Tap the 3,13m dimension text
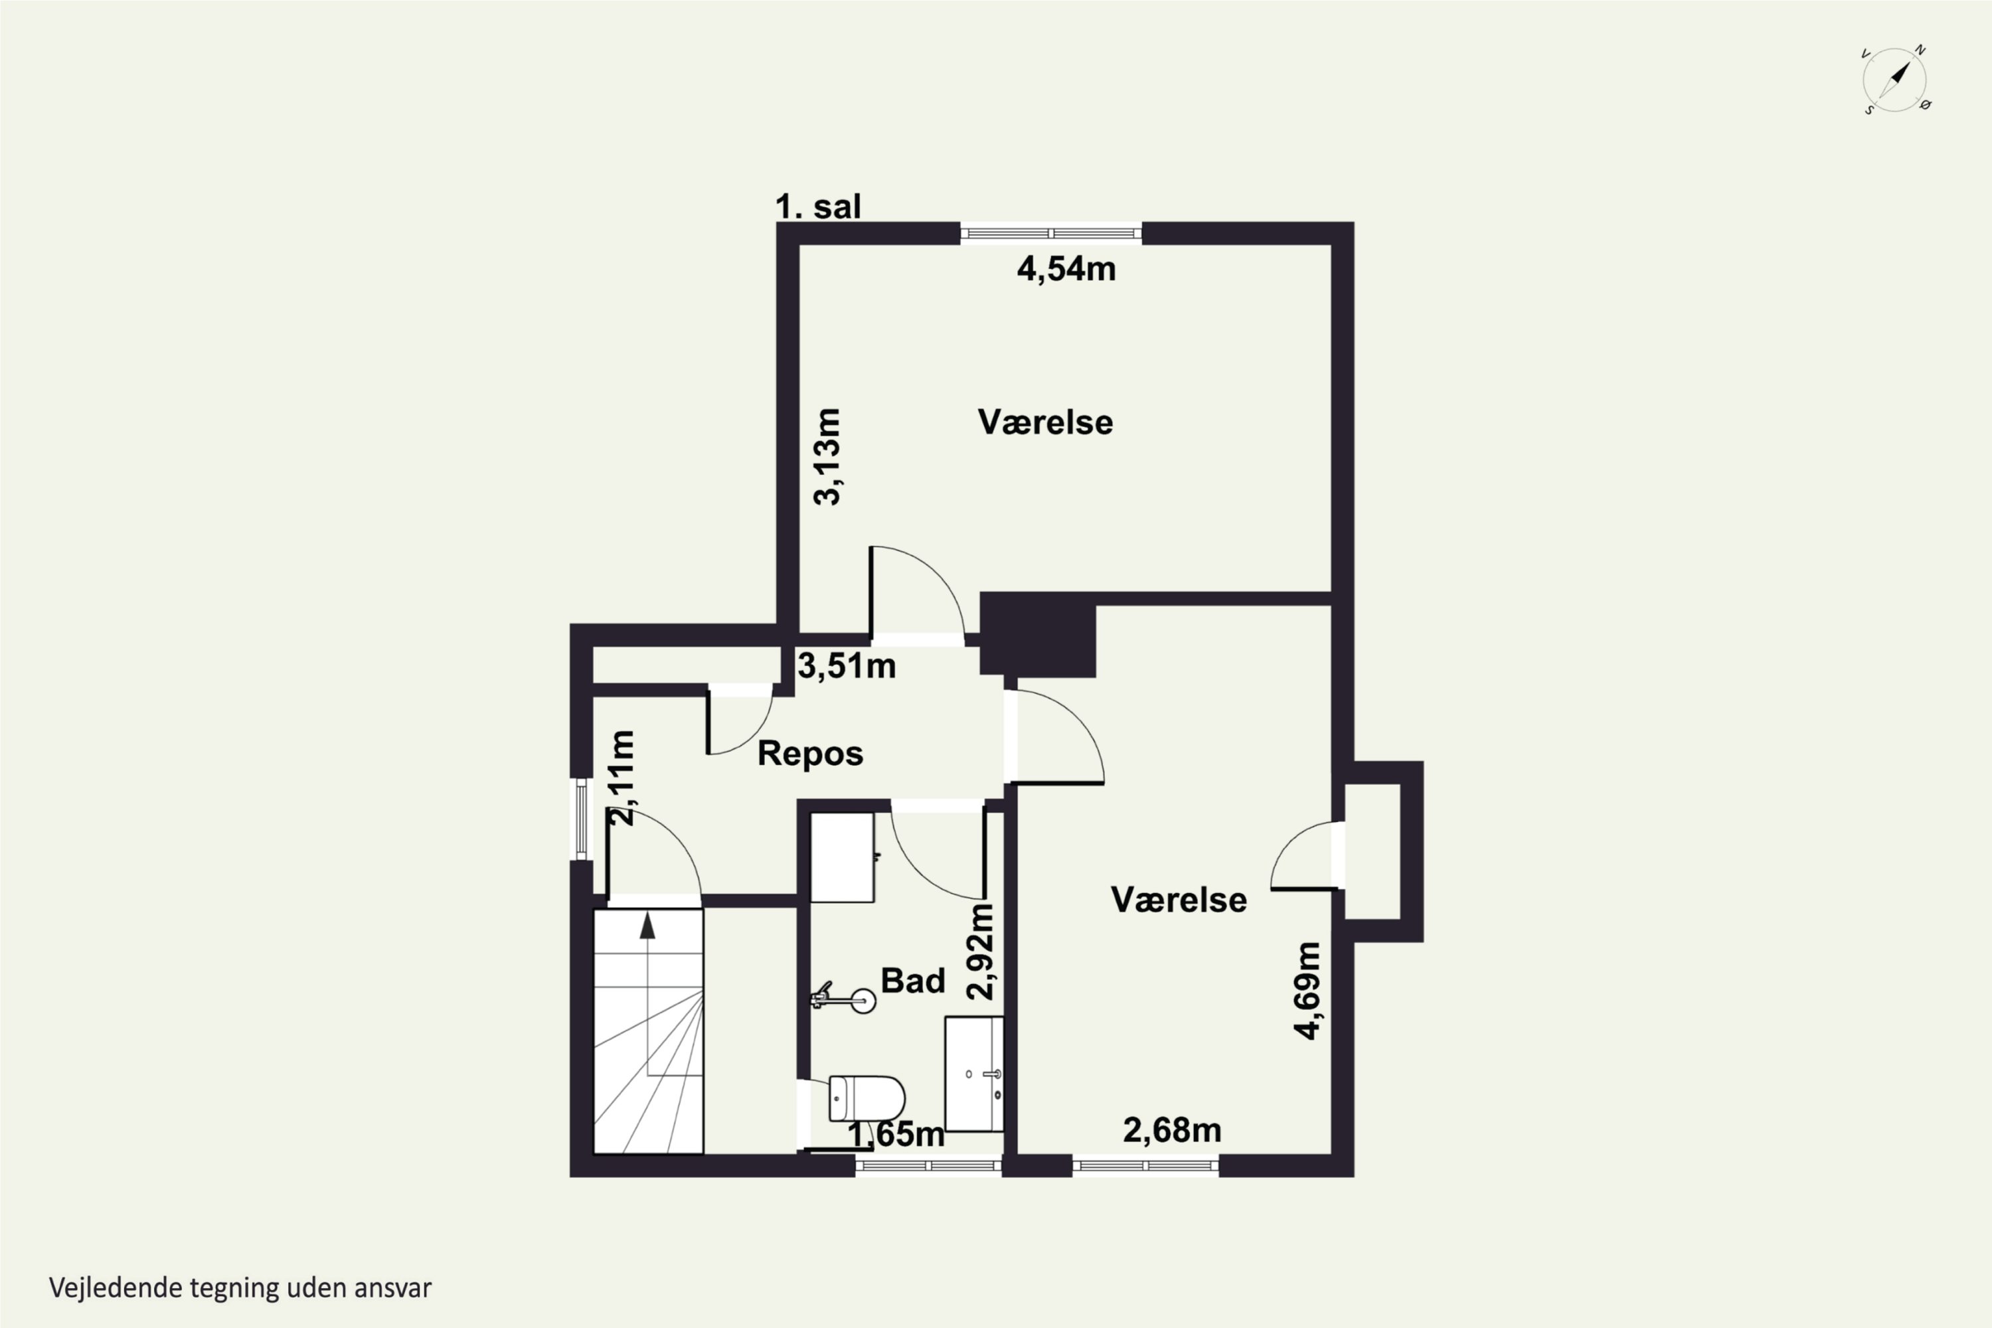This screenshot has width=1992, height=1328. click(x=827, y=457)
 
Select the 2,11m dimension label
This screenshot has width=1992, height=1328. click(x=622, y=778)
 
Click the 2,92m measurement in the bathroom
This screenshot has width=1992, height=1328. click(x=981, y=952)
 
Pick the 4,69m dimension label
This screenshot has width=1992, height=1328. click(x=1307, y=991)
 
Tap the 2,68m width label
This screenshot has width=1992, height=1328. click(x=1172, y=1130)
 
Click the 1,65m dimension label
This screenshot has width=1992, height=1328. click(x=896, y=1134)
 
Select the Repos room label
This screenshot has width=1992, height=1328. click(x=811, y=754)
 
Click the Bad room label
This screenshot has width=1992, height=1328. click(x=913, y=981)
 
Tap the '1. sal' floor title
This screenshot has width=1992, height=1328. click(x=818, y=207)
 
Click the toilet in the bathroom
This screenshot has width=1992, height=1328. click(x=866, y=1098)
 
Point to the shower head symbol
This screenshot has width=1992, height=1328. click(x=843, y=999)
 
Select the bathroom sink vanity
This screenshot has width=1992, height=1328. click(x=974, y=1074)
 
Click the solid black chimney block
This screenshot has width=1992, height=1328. click(x=1037, y=634)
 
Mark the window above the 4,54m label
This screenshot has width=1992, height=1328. click(x=1051, y=233)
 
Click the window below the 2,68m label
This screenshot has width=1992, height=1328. click(x=1146, y=1166)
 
